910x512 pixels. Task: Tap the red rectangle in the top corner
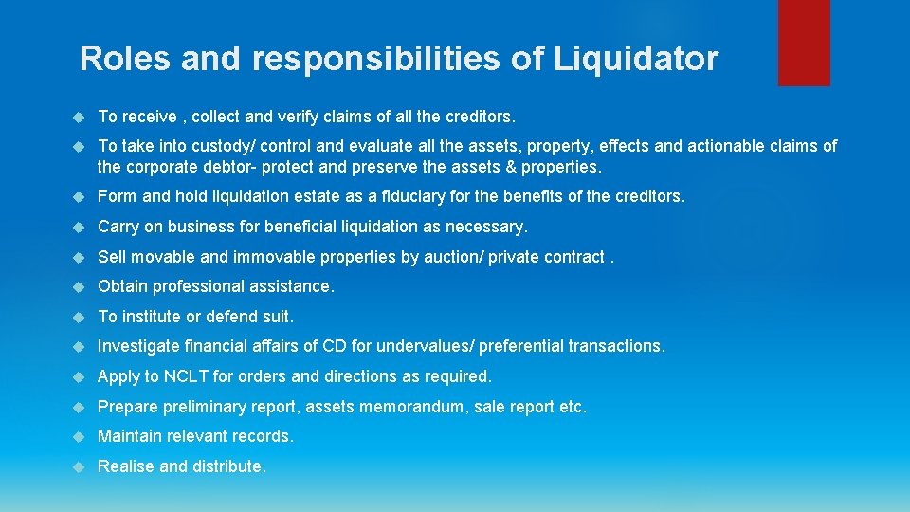point(804,43)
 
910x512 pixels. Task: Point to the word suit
point(277,317)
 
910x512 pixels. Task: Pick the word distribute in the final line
point(231,466)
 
